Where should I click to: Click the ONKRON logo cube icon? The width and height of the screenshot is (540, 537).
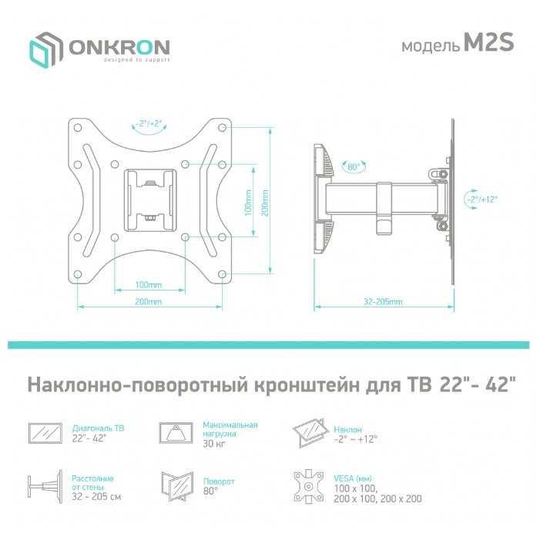coord(46,49)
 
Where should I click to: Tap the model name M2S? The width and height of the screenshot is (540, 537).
coord(488,44)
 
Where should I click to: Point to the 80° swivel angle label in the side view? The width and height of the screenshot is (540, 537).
coord(354,166)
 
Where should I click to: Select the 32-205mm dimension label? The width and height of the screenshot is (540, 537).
coord(384,302)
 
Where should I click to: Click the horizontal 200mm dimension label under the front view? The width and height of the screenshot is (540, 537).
coord(149,302)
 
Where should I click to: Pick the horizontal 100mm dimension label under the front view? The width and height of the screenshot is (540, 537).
coord(149,284)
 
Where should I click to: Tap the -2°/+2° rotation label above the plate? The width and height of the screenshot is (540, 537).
coord(149,123)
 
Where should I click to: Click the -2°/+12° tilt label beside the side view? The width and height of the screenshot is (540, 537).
coord(481,199)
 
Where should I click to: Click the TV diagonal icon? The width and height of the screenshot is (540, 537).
coord(45,433)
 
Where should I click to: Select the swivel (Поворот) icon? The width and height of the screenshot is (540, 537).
coord(176,486)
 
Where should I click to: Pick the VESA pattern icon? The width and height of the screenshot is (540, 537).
coord(311,487)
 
